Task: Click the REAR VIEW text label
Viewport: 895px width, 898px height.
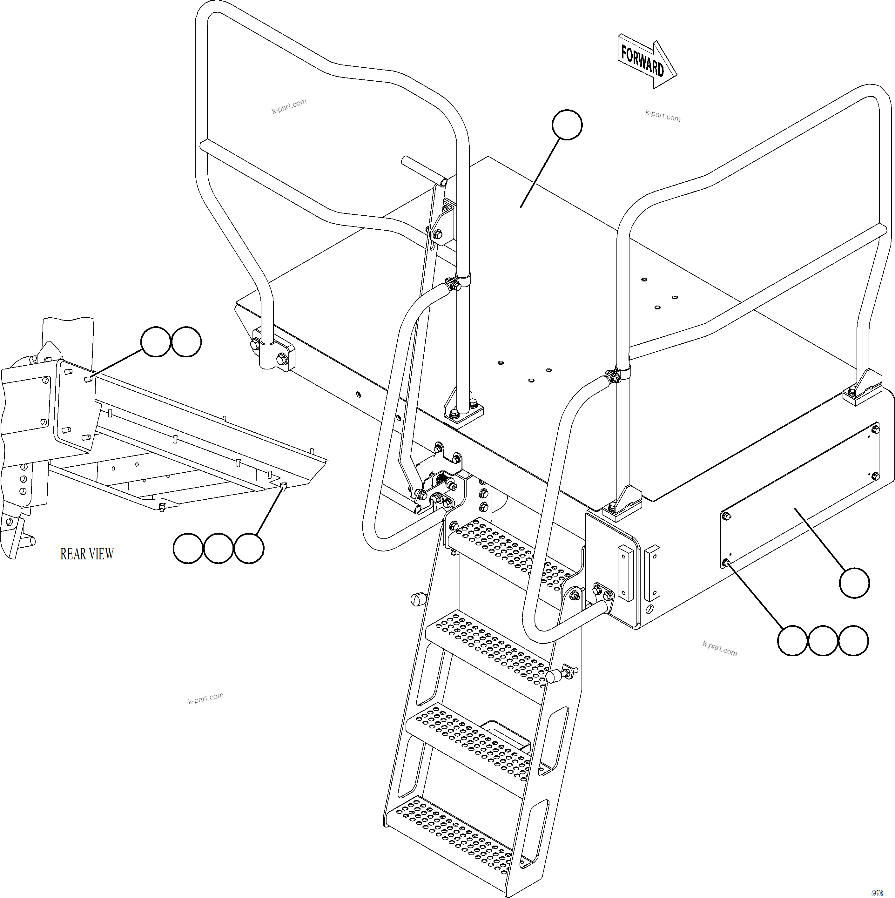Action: point(87,554)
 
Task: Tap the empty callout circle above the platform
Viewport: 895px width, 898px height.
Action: point(567,125)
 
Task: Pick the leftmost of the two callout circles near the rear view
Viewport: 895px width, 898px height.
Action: point(156,341)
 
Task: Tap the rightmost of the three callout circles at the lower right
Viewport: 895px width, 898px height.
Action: point(853,640)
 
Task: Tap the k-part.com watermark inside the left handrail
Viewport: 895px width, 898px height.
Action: point(289,106)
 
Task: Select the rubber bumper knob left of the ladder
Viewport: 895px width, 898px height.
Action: point(418,599)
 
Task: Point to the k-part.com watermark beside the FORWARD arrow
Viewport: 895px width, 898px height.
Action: point(663,115)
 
